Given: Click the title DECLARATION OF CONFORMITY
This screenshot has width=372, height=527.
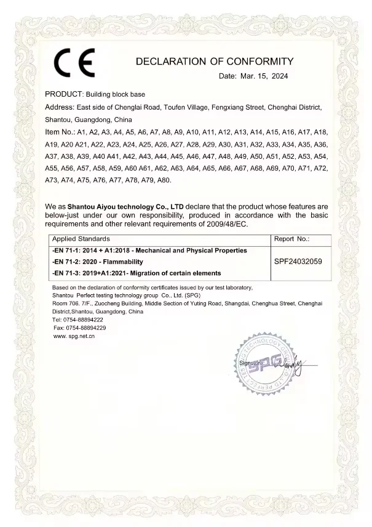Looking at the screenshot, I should [x=215, y=62].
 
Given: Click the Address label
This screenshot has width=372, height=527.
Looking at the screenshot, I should [x=60, y=107].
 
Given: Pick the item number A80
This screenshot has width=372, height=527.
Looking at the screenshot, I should [x=162, y=180].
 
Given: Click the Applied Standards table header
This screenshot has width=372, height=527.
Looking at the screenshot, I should [x=81, y=238].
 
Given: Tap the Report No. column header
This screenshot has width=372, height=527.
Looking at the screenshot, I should [x=291, y=238].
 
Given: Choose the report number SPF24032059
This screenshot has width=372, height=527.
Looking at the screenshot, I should [x=298, y=262].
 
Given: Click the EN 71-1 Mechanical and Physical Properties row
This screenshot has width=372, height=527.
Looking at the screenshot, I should [x=149, y=251].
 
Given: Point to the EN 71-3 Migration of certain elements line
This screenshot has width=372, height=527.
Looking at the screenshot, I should [x=137, y=273].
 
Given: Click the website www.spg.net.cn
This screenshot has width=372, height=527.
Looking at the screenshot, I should [x=74, y=336].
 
